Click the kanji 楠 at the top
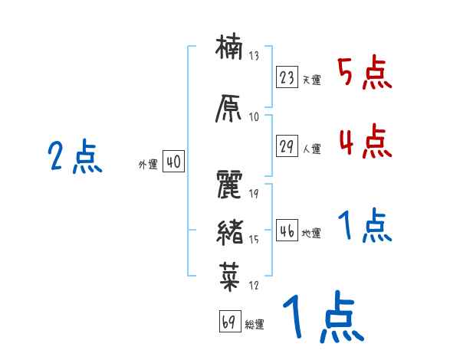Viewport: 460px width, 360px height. click(231, 51)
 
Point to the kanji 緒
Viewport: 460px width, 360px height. click(231, 231)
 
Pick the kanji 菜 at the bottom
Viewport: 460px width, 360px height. click(231, 275)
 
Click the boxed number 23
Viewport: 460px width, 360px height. click(287, 77)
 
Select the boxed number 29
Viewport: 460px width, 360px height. click(287, 146)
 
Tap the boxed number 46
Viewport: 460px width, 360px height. click(287, 231)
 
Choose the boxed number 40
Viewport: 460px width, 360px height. click(173, 162)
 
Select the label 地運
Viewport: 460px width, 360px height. click(311, 234)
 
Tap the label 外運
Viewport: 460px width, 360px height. click(147, 165)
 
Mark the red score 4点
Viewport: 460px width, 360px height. click(364, 141)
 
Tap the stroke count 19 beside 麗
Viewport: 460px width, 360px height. click(254, 194)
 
